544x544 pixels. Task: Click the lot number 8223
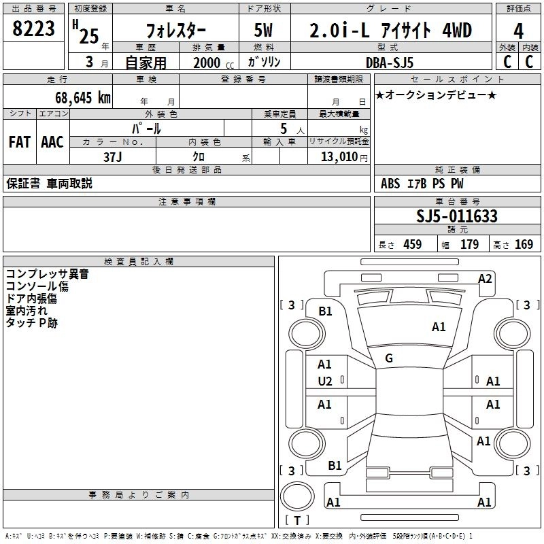(35, 30)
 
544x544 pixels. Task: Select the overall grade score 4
(519, 31)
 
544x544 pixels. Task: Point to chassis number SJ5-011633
(457, 217)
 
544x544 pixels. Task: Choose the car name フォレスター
(174, 31)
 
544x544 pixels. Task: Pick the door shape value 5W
(265, 31)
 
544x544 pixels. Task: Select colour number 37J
(113, 156)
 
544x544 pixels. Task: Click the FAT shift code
(19, 142)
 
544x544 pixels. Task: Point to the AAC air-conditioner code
(52, 142)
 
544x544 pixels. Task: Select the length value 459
(412, 245)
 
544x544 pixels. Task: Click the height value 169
(524, 245)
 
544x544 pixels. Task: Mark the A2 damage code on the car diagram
(485, 278)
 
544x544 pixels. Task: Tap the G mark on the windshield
(389, 358)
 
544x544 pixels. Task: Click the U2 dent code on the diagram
(325, 381)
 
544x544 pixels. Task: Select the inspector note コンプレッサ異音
(48, 275)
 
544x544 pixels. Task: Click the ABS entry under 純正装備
(390, 184)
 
